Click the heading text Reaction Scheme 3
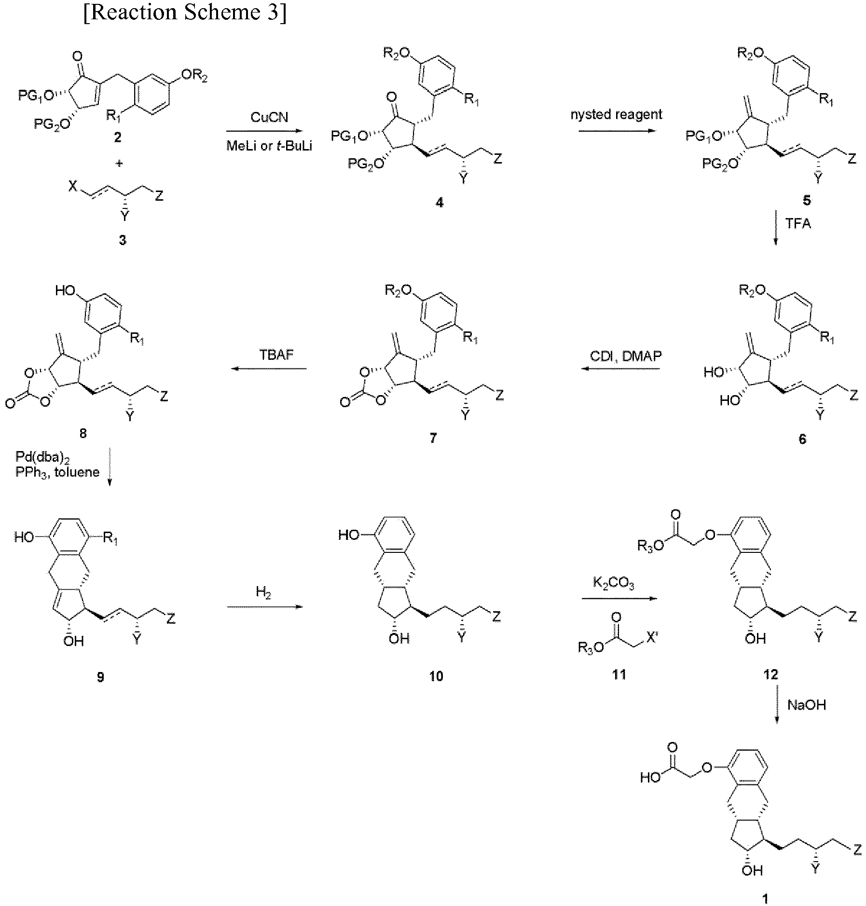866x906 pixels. click(185, 13)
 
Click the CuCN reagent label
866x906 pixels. click(269, 117)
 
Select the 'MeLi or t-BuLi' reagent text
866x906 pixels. click(269, 146)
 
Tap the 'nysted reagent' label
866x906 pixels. click(616, 115)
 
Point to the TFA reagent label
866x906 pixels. click(798, 224)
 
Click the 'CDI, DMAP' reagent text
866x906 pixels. click(626, 356)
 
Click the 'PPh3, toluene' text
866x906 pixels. click(57, 472)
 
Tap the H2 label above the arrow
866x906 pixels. click(264, 592)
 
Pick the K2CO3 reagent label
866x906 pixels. click(613, 584)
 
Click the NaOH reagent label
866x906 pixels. click(807, 705)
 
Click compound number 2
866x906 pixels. click(117, 137)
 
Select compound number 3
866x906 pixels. click(123, 240)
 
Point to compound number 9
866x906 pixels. click(100, 677)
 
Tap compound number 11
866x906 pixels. click(619, 674)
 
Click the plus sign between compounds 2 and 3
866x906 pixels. click(119, 163)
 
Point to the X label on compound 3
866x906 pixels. click(72, 187)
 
